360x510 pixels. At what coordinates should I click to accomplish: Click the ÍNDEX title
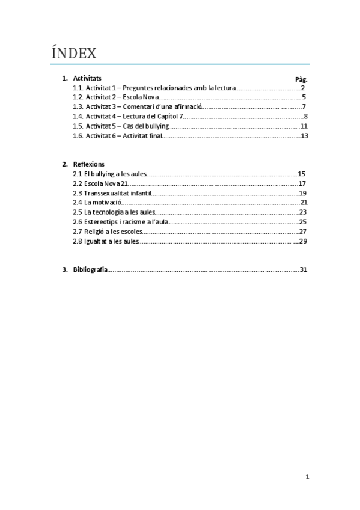(x=75, y=54)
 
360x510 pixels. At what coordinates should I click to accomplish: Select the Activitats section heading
(x=87, y=78)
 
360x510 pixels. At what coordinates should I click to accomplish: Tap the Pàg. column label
(x=301, y=79)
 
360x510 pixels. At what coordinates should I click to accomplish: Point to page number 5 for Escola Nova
(x=304, y=97)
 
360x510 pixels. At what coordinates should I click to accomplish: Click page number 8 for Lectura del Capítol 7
(x=305, y=116)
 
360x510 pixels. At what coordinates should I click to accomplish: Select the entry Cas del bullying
(x=148, y=126)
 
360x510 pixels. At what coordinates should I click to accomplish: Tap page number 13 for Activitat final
(x=304, y=135)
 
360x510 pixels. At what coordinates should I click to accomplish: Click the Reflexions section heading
(x=89, y=164)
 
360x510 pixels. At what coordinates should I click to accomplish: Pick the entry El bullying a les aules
(x=109, y=173)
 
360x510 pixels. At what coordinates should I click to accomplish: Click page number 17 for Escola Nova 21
(x=302, y=183)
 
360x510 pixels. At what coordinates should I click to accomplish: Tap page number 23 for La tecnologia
(x=303, y=212)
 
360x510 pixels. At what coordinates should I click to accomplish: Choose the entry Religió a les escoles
(x=108, y=231)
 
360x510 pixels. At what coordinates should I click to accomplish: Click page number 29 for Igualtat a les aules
(x=303, y=241)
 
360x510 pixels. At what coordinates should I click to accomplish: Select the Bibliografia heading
(x=90, y=269)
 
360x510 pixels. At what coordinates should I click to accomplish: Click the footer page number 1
(x=307, y=476)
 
